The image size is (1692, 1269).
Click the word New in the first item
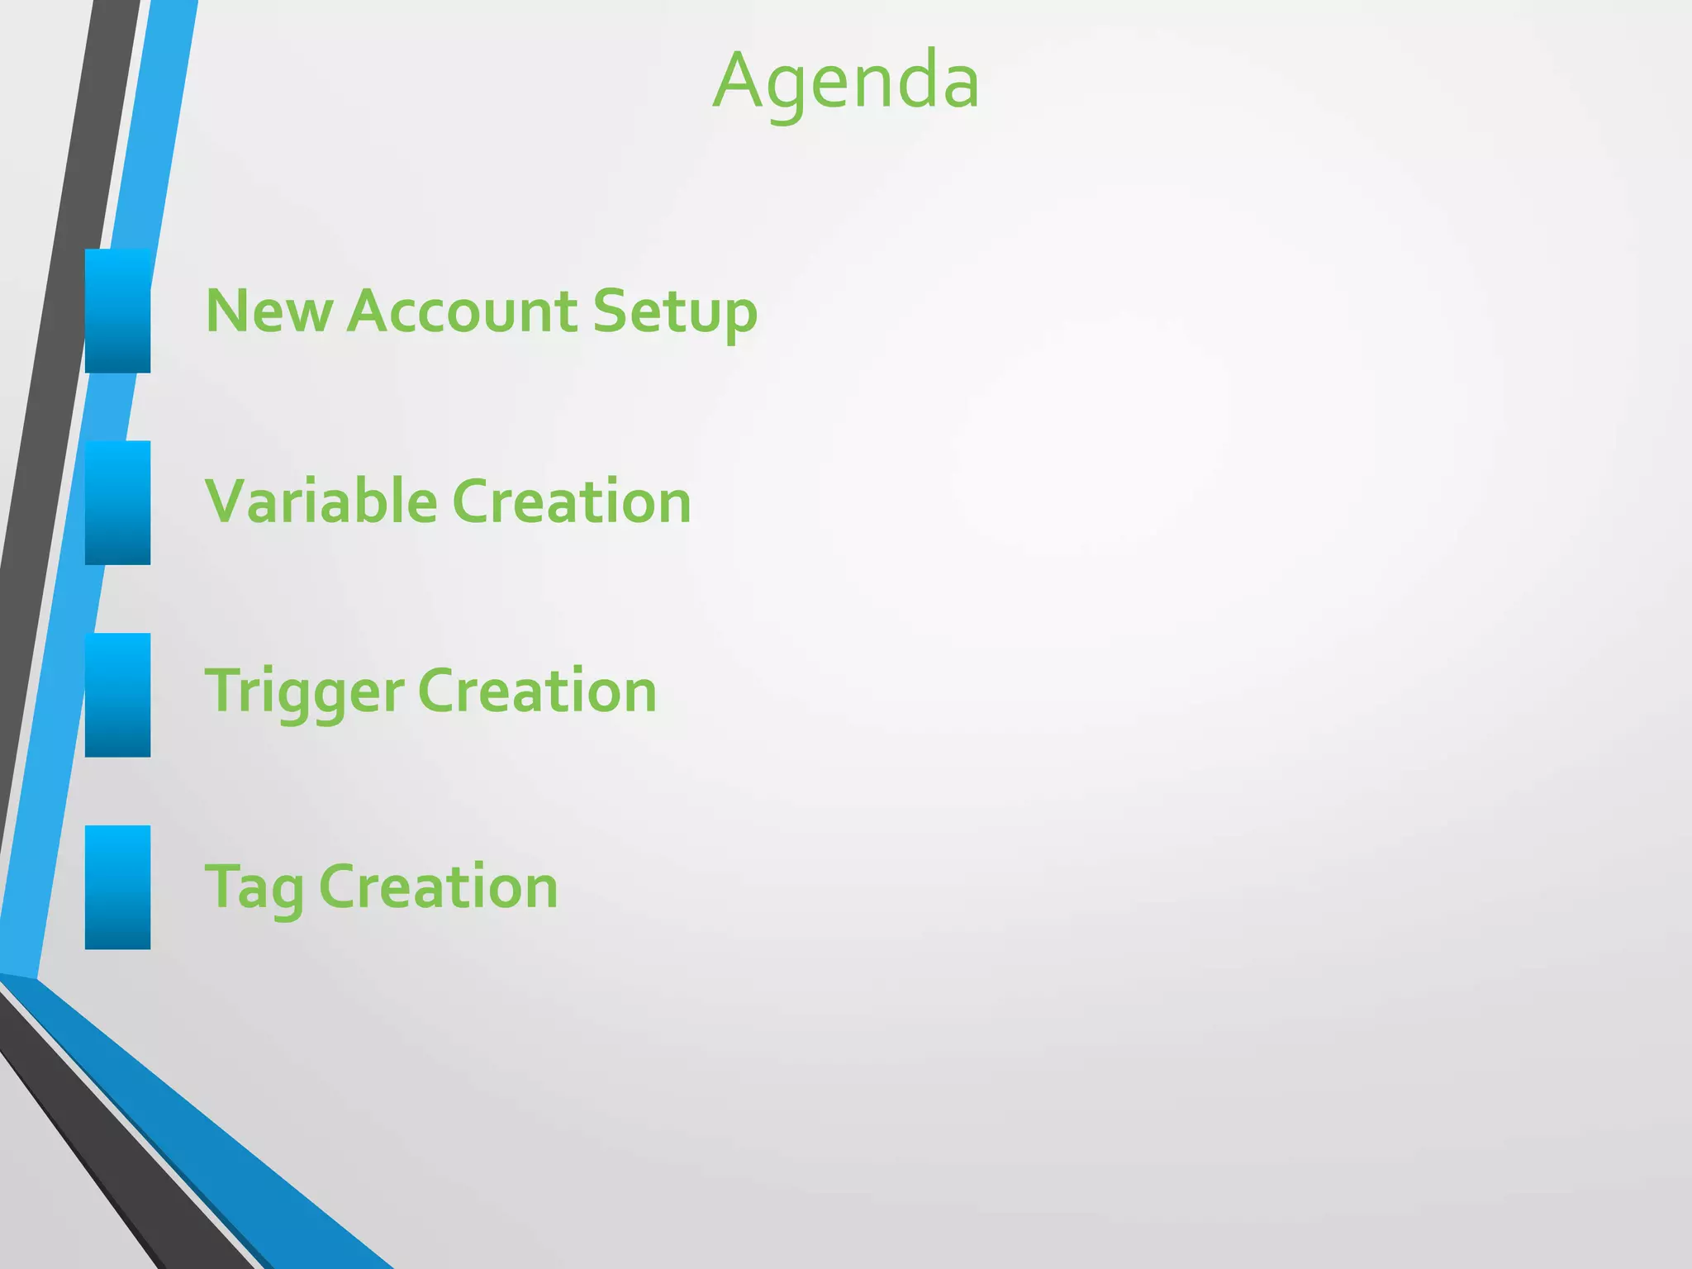pos(269,311)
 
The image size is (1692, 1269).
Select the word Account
pos(462,311)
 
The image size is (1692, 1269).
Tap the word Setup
pos(674,313)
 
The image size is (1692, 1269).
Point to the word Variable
pos(321,501)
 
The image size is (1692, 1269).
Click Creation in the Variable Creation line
pos(571,501)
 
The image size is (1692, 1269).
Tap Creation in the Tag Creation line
pos(438,886)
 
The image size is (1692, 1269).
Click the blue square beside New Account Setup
pos(117,311)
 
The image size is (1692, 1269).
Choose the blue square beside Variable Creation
pos(117,502)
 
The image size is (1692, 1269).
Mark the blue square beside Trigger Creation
pos(117,695)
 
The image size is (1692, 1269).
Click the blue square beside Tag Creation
pos(117,886)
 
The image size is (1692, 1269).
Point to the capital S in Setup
pos(613,311)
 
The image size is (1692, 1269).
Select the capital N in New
pos(227,311)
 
